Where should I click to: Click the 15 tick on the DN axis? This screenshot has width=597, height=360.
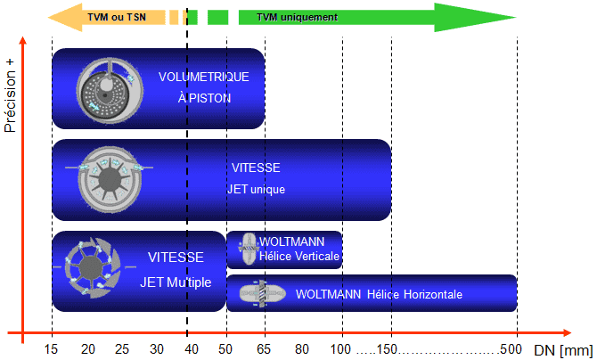53,349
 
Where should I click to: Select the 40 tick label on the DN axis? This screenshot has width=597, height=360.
190,349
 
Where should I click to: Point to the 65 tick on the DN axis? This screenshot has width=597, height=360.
265,349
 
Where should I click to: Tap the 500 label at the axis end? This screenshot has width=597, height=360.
511,349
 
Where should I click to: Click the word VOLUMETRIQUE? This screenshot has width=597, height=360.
203,78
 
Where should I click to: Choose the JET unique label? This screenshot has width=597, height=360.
256,189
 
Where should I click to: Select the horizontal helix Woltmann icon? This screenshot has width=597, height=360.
263,293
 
